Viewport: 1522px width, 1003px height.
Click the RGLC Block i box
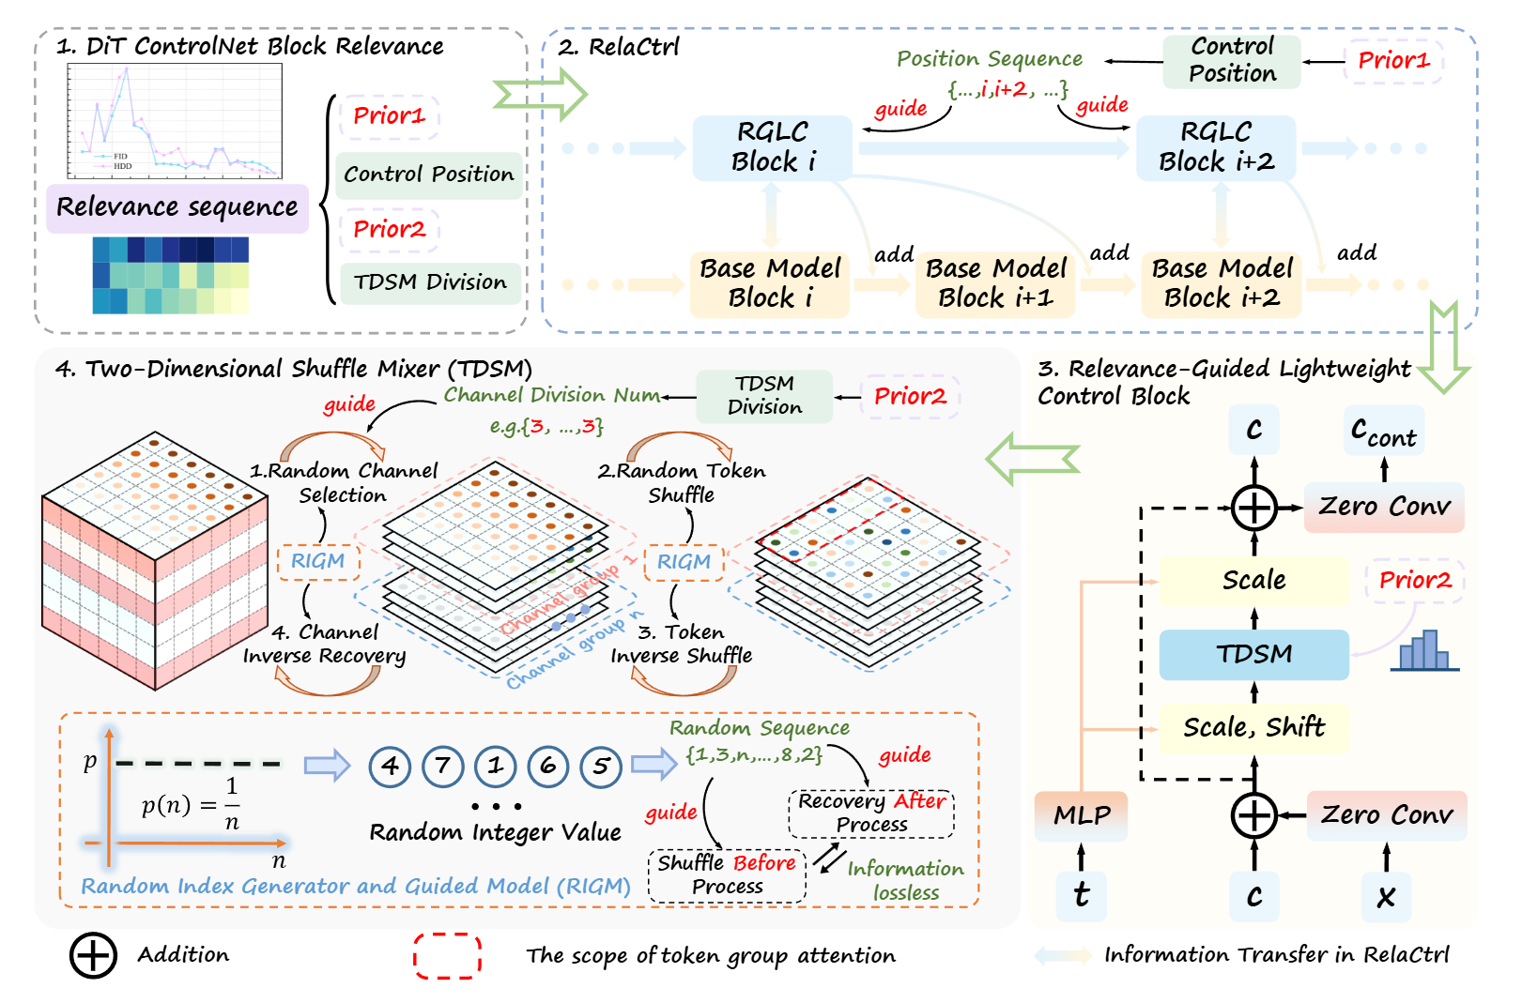click(772, 147)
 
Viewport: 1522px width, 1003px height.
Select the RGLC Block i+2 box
click(1216, 147)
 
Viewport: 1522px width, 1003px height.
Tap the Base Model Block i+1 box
click(995, 283)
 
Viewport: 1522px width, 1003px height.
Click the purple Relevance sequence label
click(177, 207)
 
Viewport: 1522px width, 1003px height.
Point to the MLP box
click(1082, 815)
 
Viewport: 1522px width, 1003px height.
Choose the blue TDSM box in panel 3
click(1253, 654)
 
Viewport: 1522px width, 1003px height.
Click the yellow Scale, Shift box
click(1253, 728)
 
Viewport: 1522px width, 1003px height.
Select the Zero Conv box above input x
click(1386, 814)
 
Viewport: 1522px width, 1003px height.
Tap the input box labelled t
click(1082, 895)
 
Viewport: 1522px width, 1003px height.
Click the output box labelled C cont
click(1383, 432)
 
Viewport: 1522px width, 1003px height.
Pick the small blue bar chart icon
click(1424, 651)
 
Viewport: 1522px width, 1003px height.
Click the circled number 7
click(443, 767)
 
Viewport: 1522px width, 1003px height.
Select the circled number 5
click(601, 767)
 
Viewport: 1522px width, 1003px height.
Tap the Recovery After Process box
click(871, 813)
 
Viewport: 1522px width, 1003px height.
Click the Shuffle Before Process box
click(727, 875)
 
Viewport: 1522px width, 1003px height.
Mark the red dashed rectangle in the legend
click(448, 956)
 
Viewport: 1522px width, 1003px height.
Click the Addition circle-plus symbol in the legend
click(93, 956)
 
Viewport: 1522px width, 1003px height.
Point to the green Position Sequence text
click(989, 60)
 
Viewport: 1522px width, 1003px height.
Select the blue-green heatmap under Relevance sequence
click(171, 275)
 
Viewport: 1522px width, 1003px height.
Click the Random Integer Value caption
click(495, 833)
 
